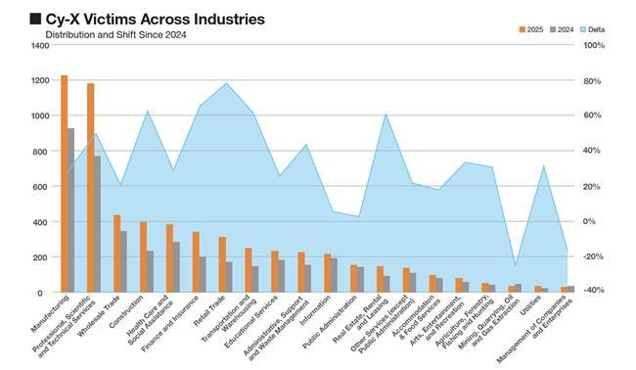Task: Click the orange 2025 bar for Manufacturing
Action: pos(64,183)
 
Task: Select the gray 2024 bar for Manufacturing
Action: pos(71,210)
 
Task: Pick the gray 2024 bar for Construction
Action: pos(150,271)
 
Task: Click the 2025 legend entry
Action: pos(531,29)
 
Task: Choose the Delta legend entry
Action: pos(593,29)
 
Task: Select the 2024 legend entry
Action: pos(562,29)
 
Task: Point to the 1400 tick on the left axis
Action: pos(40,45)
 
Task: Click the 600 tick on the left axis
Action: pos(43,187)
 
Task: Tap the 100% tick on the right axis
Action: pos(594,45)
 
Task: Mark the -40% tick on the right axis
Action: pos(594,290)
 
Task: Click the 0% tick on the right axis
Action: pos(590,221)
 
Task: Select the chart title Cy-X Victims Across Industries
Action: pos(155,19)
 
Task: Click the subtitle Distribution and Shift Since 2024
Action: pos(116,35)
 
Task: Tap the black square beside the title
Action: pos(35,19)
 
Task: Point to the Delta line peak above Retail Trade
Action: pos(226,83)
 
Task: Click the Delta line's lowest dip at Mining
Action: pos(515,265)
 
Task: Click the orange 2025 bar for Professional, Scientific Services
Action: pos(90,187)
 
